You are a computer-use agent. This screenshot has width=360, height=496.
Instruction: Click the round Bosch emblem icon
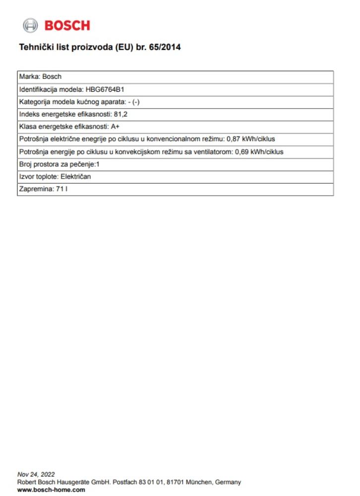[30, 25]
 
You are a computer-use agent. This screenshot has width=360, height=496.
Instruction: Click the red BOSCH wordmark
[67, 25]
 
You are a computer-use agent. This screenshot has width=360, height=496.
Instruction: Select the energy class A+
[115, 127]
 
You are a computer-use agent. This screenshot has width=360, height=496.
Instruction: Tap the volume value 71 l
[61, 189]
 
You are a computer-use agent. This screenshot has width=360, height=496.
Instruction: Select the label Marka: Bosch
[40, 77]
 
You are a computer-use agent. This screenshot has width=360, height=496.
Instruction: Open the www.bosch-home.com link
[44, 490]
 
